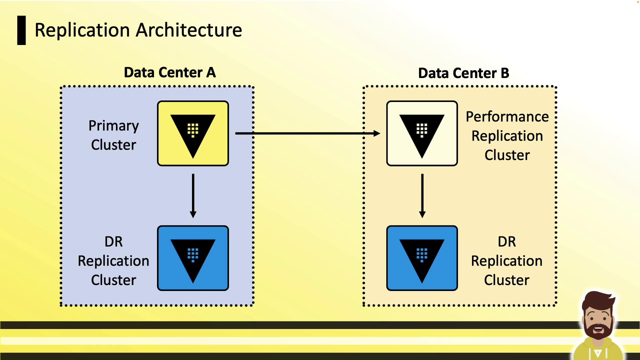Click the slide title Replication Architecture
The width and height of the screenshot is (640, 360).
(138, 30)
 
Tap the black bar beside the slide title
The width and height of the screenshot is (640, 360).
(21, 30)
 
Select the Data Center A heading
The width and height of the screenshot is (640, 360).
(170, 72)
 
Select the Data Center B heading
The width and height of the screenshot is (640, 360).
(463, 73)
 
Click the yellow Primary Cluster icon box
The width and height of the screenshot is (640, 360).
(193, 133)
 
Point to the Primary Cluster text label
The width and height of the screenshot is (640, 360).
(114, 135)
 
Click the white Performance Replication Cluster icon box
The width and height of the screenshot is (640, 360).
(422, 133)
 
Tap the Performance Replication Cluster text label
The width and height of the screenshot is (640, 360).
(507, 136)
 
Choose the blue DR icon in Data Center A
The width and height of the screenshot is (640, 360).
(193, 258)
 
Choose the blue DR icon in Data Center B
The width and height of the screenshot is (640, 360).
(422, 258)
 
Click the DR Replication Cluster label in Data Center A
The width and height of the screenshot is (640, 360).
(114, 261)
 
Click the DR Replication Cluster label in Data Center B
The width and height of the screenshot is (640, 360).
(507, 261)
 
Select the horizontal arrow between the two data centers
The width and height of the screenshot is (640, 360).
(307, 133)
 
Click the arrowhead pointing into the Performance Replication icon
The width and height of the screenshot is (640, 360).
(377, 133)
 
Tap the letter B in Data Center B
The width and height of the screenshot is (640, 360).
(505, 73)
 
